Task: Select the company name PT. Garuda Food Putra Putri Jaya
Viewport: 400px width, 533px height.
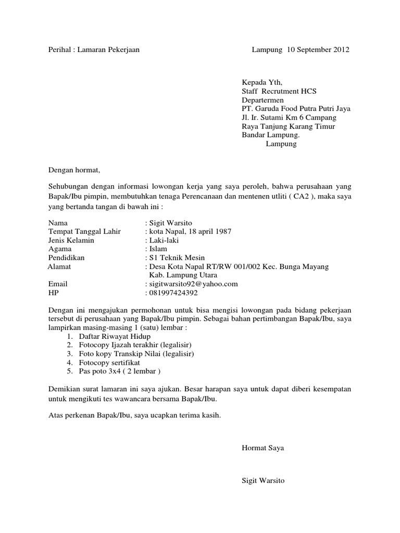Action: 296,109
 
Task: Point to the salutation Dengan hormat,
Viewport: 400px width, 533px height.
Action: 73,170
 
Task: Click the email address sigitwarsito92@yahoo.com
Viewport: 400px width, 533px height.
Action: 193,284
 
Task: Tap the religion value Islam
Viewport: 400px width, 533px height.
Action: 158,249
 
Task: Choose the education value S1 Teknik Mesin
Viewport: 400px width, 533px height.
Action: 177,258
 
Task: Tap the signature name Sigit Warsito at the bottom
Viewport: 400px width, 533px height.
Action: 264,481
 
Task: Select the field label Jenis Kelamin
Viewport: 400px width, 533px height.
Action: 71,240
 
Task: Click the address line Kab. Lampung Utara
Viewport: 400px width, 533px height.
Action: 183,275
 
